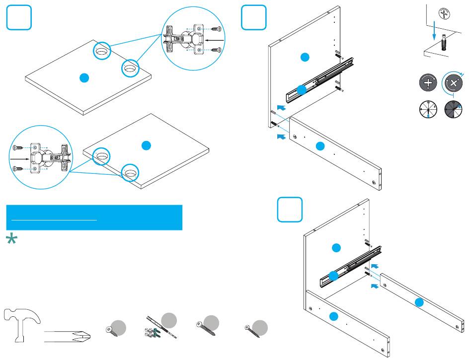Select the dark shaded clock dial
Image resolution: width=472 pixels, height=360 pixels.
[x=453, y=109]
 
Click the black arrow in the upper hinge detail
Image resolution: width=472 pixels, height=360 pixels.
[x=215, y=39]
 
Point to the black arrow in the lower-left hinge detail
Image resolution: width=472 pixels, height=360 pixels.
[x=19, y=159]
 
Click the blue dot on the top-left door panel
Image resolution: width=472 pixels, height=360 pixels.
[x=84, y=77]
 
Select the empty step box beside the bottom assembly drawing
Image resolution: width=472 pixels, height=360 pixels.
[x=290, y=210]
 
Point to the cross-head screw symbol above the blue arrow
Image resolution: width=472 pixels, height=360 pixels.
[x=441, y=14]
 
